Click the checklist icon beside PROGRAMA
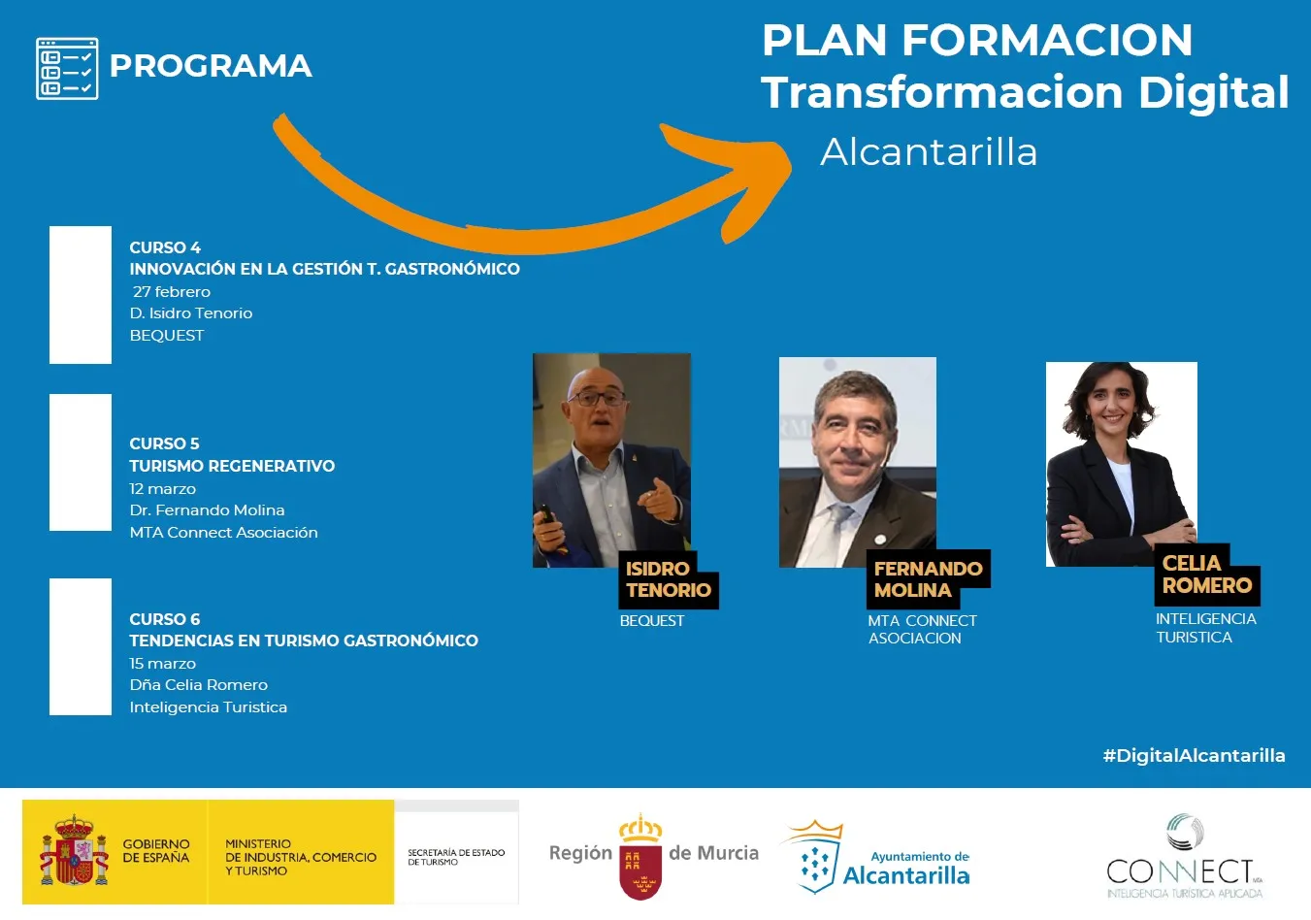click(x=67, y=69)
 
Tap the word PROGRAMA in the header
click(x=211, y=66)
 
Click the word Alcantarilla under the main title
click(x=929, y=151)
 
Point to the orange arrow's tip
click(x=791, y=166)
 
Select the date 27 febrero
click(x=172, y=291)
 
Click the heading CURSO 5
click(x=164, y=444)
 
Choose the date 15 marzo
click(x=163, y=663)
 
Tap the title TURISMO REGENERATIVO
click(x=232, y=466)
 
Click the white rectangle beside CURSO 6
click(x=81, y=646)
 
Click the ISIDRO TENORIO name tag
click(x=669, y=579)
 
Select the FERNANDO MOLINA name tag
click(x=929, y=578)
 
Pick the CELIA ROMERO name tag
click(x=1207, y=575)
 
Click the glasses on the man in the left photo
click(x=597, y=399)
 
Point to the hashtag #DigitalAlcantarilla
click(x=1194, y=756)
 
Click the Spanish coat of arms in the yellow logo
click(x=74, y=851)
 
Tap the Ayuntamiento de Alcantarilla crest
click(x=814, y=857)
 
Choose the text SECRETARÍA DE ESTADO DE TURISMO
click(x=456, y=857)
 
